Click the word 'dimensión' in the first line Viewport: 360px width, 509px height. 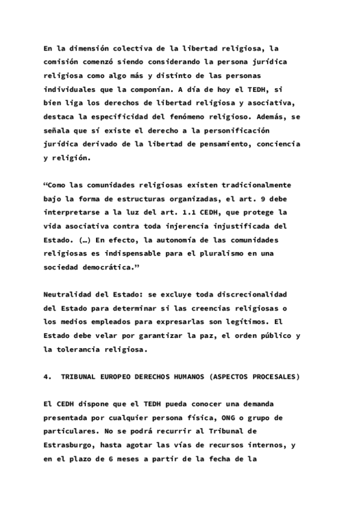click(83, 48)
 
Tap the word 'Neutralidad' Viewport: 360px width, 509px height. click(68, 295)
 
